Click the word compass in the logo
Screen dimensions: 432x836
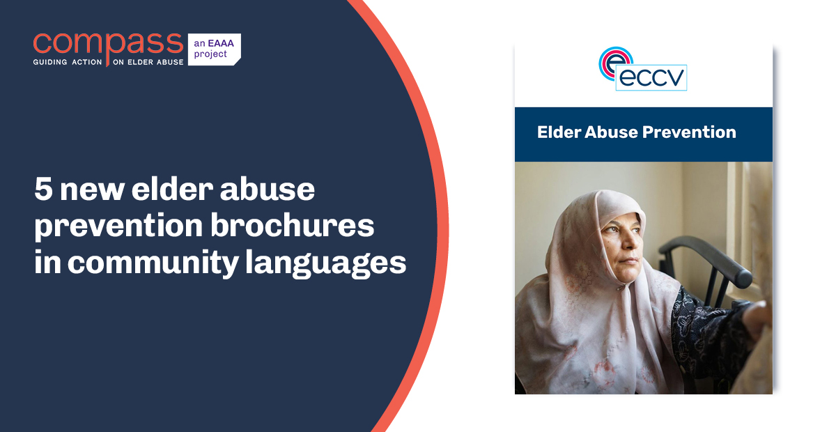[107, 43]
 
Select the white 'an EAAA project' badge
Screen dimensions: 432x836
[213, 49]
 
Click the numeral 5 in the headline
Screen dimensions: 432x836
[43, 190]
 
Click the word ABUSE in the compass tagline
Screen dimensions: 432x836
[168, 62]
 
